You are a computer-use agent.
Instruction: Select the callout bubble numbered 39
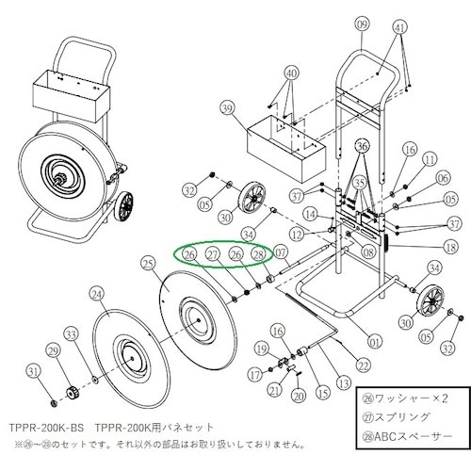tap(226, 110)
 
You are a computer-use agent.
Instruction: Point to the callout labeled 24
tap(96, 294)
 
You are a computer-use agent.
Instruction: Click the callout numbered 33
tap(70, 333)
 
